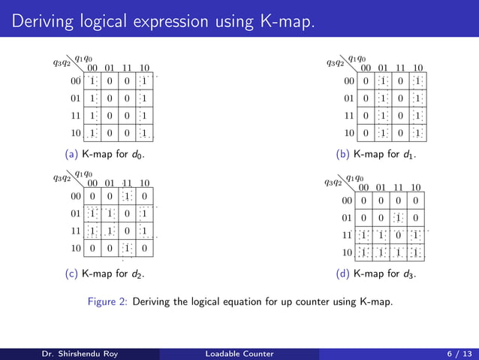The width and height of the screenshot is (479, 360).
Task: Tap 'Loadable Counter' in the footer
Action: [239, 352]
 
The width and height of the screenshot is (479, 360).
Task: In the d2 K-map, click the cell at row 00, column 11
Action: [127, 195]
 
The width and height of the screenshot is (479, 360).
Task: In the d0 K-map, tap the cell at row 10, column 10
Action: [144, 134]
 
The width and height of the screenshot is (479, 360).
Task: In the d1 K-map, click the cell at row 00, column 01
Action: [383, 80]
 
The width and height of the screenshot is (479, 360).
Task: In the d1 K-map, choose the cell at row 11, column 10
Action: [417, 116]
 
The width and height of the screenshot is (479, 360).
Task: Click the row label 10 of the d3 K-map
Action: [346, 252]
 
